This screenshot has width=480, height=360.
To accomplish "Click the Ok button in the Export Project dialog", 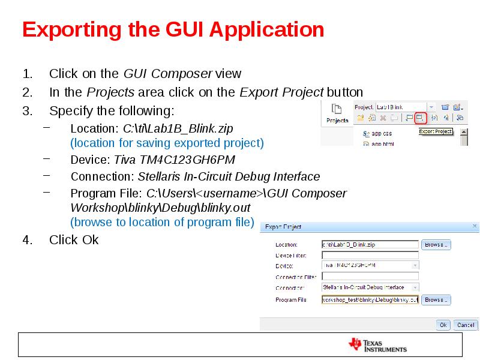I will pyautogui.click(x=443, y=325).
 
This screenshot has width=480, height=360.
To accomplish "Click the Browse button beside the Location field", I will pyautogui.click(x=436, y=245).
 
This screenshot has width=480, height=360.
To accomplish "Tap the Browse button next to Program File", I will pyautogui.click(x=436, y=299).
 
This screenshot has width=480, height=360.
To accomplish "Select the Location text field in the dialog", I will pyautogui.click(x=370, y=245).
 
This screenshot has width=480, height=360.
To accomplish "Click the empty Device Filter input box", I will pyautogui.click(x=370, y=256).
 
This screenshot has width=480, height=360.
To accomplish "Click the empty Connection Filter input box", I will pyautogui.click(x=370, y=277).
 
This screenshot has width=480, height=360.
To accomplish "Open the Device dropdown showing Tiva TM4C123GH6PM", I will pyautogui.click(x=370, y=266).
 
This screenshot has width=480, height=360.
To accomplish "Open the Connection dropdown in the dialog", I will pyautogui.click(x=370, y=288).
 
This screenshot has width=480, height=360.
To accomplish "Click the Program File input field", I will pyautogui.click(x=370, y=299).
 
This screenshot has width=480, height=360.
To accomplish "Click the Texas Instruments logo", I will pyautogui.click(x=378, y=345).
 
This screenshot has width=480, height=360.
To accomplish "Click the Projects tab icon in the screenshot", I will pyautogui.click(x=337, y=113).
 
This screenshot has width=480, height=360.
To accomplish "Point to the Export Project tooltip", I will pyautogui.click(x=435, y=131).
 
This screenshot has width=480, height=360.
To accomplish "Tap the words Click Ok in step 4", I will pyautogui.click(x=74, y=240).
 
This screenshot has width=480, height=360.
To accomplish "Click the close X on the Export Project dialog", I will pyautogui.click(x=475, y=227).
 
